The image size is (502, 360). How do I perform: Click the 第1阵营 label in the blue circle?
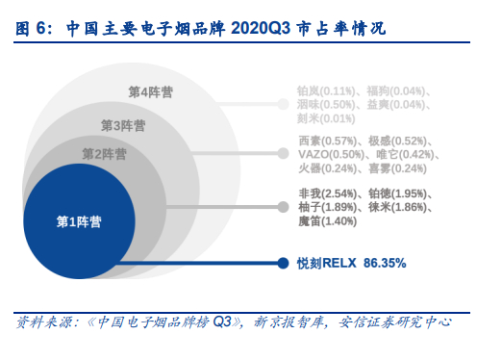(79, 221)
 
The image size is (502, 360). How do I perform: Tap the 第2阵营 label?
(105, 154)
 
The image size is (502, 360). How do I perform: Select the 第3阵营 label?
(124, 125)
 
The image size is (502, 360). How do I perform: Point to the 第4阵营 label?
(151, 91)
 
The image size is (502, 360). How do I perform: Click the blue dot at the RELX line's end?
(284, 263)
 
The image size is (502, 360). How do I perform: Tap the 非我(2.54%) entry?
(331, 193)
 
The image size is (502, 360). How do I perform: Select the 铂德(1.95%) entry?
(401, 193)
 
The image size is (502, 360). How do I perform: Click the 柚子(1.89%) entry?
(331, 207)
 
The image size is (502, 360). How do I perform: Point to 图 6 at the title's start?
(32, 28)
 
